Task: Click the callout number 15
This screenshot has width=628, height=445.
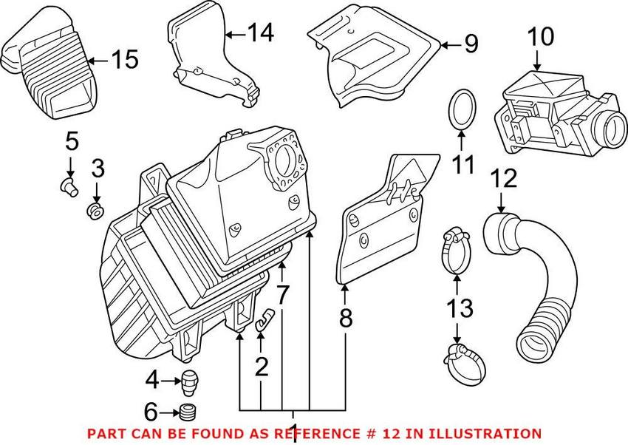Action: (124, 59)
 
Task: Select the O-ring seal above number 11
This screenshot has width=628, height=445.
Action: (461, 110)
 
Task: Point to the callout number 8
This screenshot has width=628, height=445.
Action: (345, 318)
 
